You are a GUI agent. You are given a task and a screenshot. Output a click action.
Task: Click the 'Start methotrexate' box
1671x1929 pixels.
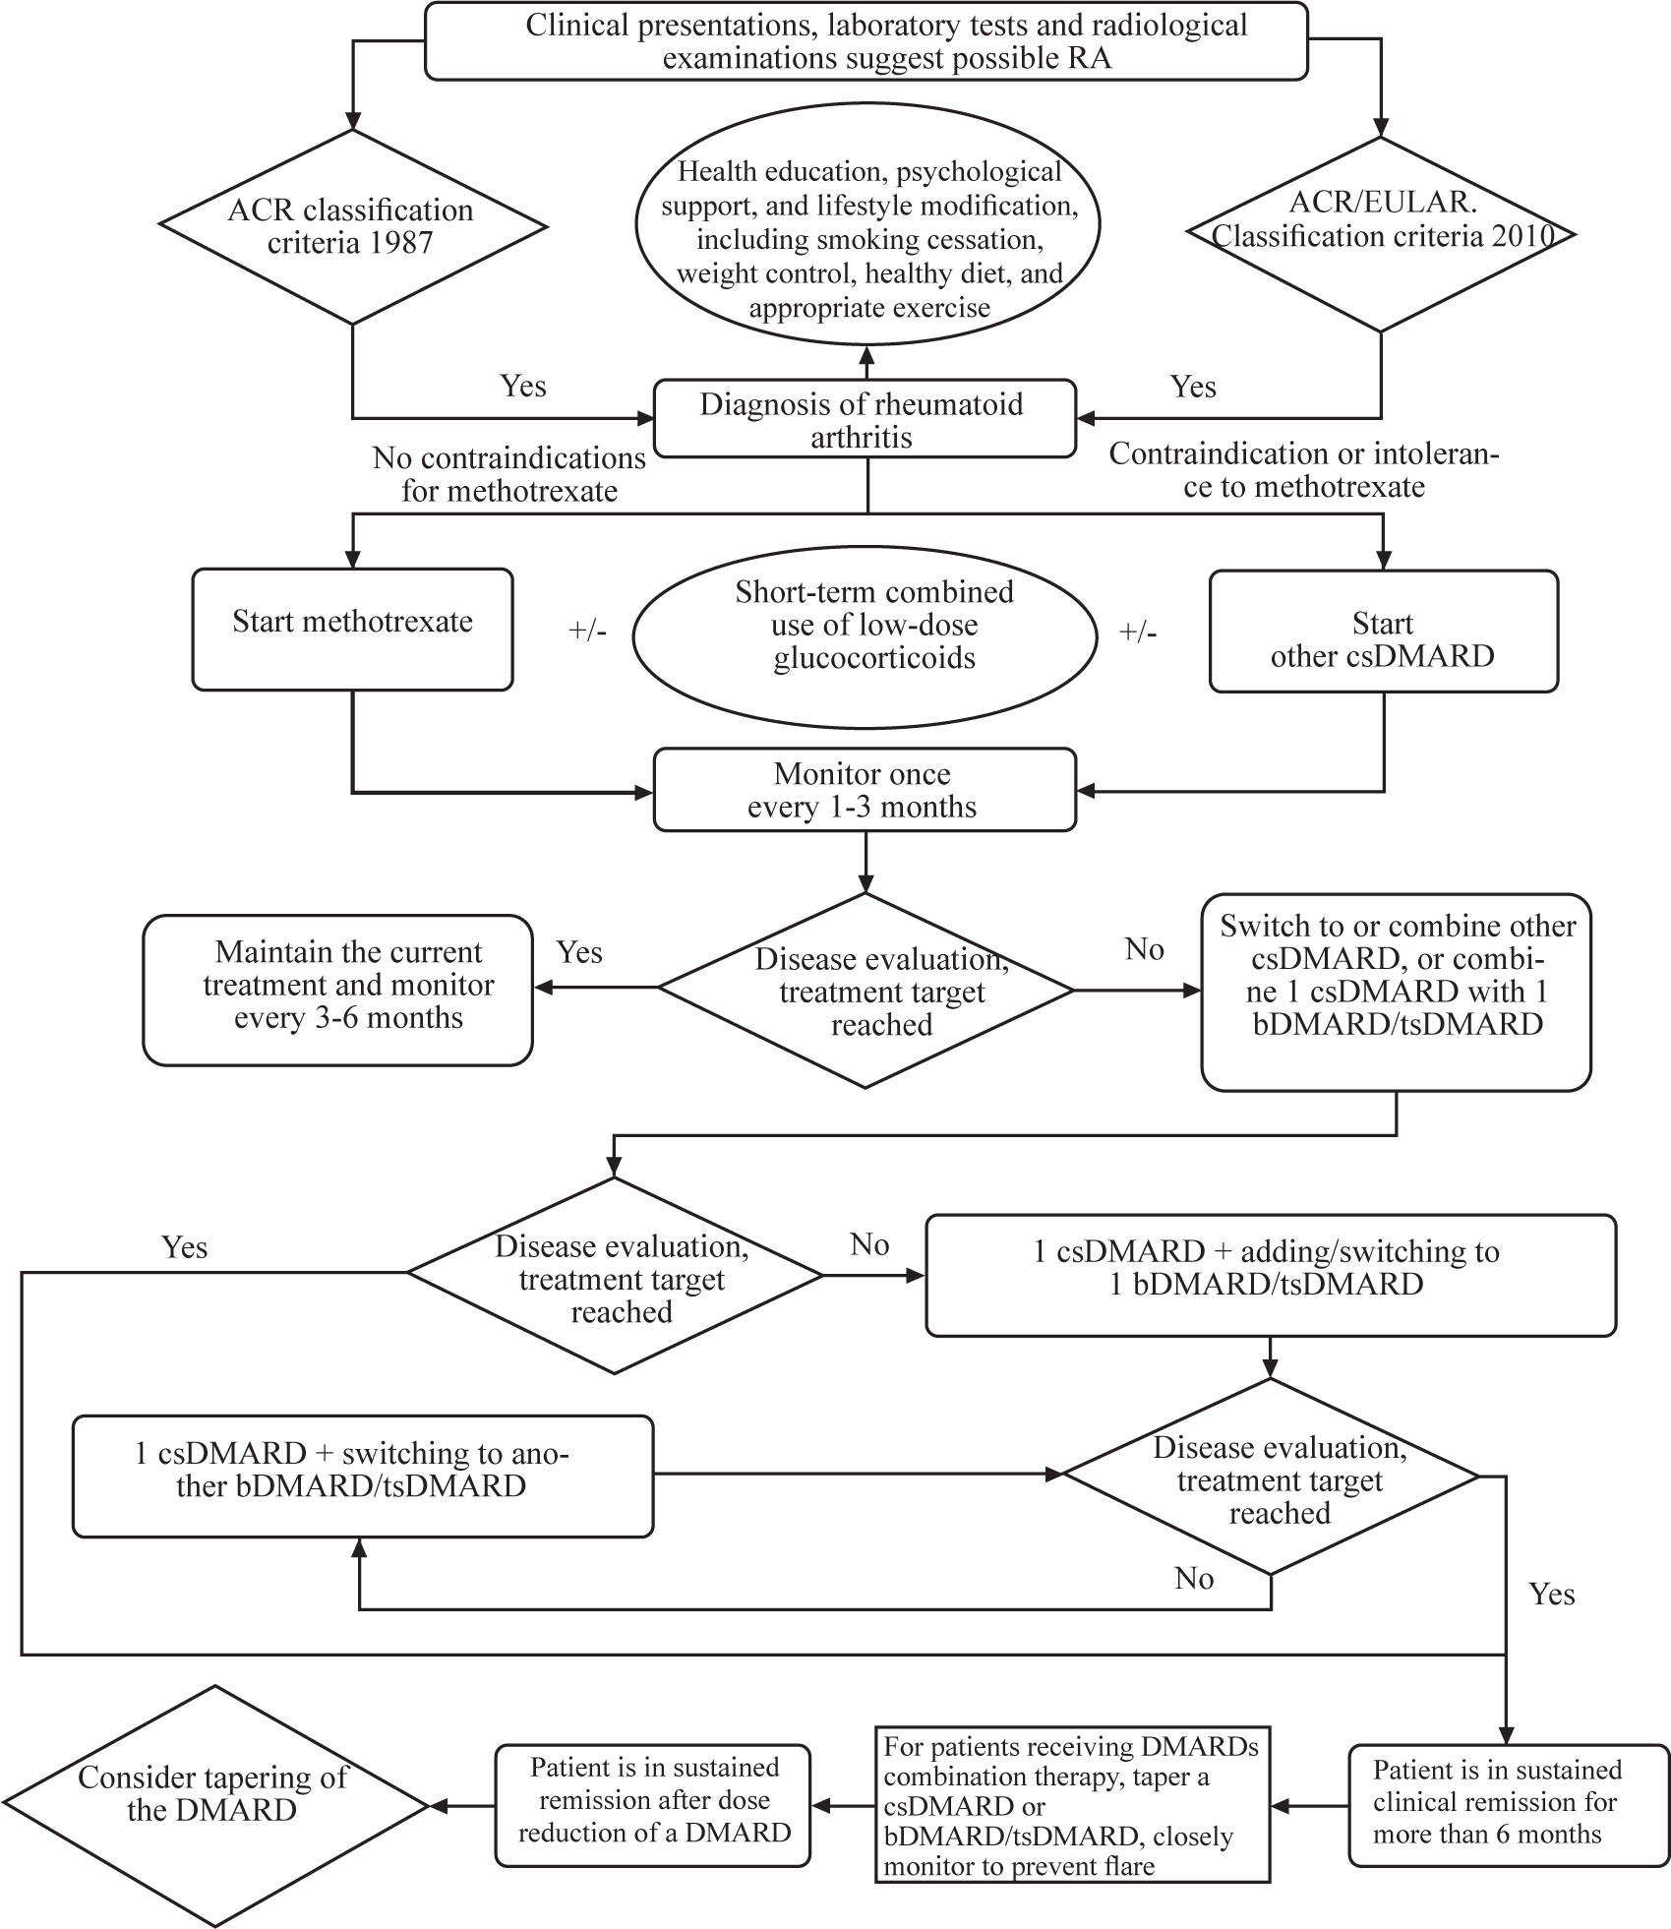pos(352,629)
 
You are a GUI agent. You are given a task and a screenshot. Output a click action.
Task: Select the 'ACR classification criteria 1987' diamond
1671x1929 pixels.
pos(352,227)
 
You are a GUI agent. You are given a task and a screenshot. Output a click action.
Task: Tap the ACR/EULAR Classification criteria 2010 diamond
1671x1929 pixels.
pos(1382,234)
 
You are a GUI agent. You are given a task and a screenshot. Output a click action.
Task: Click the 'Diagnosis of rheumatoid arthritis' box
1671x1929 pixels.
pos(865,420)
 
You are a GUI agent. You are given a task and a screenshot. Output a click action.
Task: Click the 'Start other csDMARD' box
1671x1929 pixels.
pos(1383,631)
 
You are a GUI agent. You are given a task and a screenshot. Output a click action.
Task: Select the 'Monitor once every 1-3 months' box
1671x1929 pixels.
pos(865,790)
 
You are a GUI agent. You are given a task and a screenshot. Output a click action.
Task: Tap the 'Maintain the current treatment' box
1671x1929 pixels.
pos(337,990)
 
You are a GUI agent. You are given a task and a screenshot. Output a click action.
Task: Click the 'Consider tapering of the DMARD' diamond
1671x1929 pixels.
pos(212,1806)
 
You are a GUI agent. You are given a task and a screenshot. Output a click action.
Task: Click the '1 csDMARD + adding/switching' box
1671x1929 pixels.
pos(1270,1275)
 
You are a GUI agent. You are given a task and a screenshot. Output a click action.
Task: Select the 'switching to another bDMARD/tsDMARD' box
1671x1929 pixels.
pos(362,1476)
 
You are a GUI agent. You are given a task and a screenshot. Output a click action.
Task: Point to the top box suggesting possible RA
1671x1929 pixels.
pos(865,41)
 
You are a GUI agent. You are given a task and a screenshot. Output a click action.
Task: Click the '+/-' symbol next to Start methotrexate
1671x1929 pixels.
pos(587,631)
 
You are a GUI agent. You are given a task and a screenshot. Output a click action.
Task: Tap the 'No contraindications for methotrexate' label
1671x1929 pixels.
pos(508,474)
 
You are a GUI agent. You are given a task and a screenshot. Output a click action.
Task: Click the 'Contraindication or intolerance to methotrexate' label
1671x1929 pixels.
pos(1303,470)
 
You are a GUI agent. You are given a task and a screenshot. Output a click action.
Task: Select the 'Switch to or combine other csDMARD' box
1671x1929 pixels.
pos(1396,992)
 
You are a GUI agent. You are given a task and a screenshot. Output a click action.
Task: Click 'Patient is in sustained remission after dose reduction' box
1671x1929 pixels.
pos(653,1805)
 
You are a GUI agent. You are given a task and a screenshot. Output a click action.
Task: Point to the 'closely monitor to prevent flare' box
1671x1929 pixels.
pos(1072,1805)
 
